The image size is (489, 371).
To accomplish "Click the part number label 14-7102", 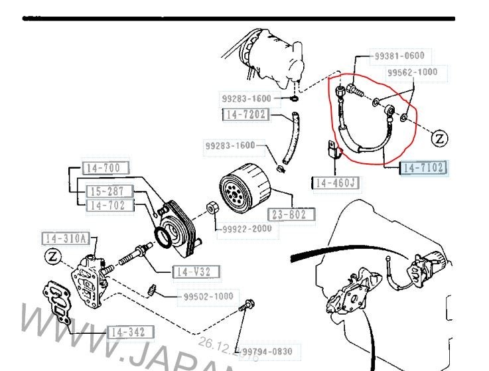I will [x=424, y=168].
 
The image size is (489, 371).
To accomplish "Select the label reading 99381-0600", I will [x=399, y=56].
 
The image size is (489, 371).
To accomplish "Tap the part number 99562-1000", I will [x=413, y=72].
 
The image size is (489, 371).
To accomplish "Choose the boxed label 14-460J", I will [x=335, y=183].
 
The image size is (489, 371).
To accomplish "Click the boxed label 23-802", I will [x=291, y=214].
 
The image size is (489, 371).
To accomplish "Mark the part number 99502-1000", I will [x=208, y=297].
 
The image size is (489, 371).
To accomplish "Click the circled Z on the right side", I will [x=441, y=138].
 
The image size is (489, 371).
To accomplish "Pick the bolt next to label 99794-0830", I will [x=249, y=307].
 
